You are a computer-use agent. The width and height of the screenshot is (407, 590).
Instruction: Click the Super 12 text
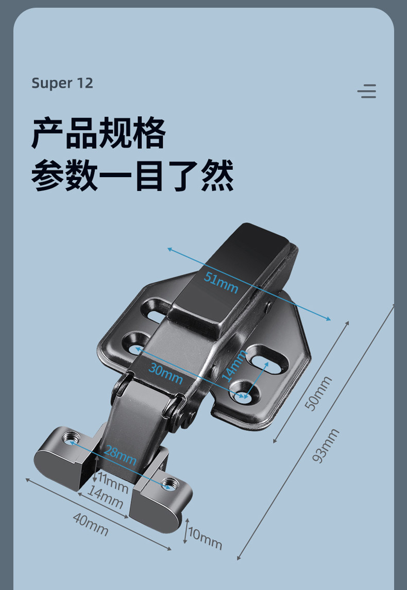coord(62,83)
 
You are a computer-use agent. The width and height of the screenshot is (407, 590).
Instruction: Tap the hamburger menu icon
coord(367,91)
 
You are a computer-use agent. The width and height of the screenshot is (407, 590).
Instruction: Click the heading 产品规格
coord(98,133)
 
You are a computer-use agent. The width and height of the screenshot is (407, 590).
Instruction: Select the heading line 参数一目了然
coord(132,176)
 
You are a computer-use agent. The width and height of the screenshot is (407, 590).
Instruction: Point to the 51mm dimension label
coord(221,282)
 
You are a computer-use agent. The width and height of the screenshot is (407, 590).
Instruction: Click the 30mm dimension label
coord(165,374)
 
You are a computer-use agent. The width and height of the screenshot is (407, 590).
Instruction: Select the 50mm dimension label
coord(318,393)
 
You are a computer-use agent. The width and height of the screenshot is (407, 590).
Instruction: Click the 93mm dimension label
coord(326,446)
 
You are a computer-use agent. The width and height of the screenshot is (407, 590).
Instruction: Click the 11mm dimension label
coord(113,484)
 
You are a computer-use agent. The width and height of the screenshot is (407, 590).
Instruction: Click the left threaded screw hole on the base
coord(70,438)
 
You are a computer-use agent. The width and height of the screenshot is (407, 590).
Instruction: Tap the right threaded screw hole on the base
coord(168,483)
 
